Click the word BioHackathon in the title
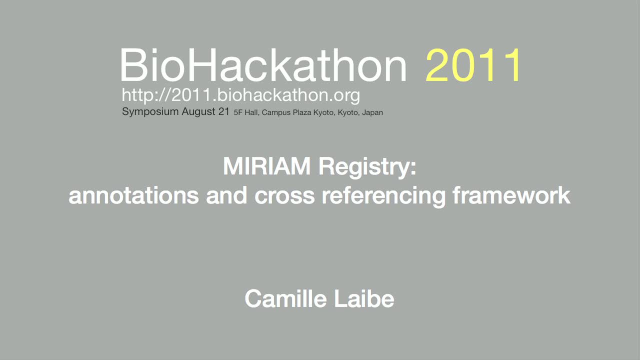pyautogui.click(x=263, y=65)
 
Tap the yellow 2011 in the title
pyautogui.click(x=473, y=65)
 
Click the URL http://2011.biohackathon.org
pyautogui.click(x=241, y=95)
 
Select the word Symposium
pyautogui.click(x=150, y=111)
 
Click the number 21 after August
pyautogui.click(x=224, y=111)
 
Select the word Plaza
pyautogui.click(x=302, y=112)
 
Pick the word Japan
pyautogui.click(x=372, y=113)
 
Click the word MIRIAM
pyautogui.click(x=266, y=166)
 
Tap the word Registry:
pyautogui.click(x=367, y=168)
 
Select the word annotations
pyautogui.click(x=133, y=195)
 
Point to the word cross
pyautogui.click(x=284, y=197)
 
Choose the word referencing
pyautogui.click(x=383, y=196)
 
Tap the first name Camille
pyautogui.click(x=285, y=298)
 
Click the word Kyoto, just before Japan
pyautogui.click(x=348, y=113)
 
